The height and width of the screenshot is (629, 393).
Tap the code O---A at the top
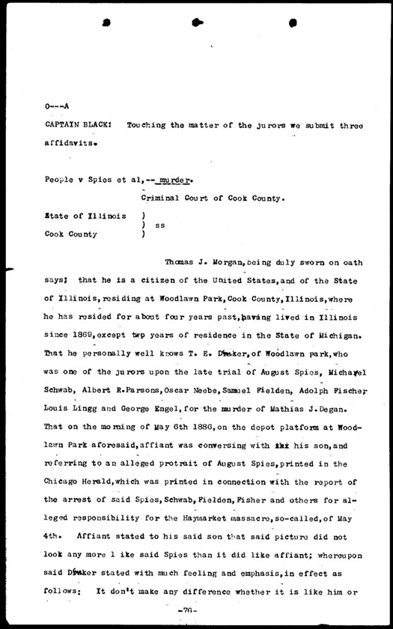58,107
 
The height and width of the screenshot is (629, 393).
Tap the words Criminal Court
178,198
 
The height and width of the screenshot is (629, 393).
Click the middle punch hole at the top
196,23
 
